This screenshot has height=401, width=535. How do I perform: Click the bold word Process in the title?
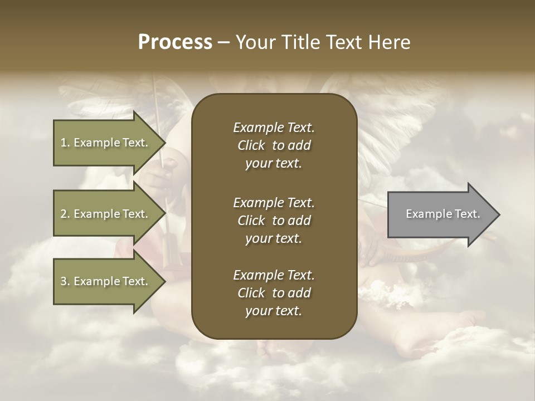point(175,42)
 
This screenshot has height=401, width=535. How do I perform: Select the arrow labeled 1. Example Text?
point(106,143)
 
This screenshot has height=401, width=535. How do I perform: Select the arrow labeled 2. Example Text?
point(106,214)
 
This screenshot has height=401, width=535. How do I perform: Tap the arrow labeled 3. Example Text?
point(106,281)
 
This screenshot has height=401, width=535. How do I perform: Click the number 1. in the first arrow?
point(65,143)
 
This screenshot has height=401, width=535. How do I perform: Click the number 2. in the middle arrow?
point(65,214)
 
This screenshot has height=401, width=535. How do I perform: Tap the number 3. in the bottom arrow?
point(65,281)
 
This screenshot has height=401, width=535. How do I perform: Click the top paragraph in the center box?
point(274,145)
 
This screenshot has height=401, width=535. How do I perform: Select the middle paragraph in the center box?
point(274,220)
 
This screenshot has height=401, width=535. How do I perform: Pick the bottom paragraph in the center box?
point(274,293)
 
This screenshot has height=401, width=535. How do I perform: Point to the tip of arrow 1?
point(164,143)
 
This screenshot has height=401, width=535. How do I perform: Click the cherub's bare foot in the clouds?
point(435,334)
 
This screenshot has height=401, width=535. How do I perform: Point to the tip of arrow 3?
point(164,281)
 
